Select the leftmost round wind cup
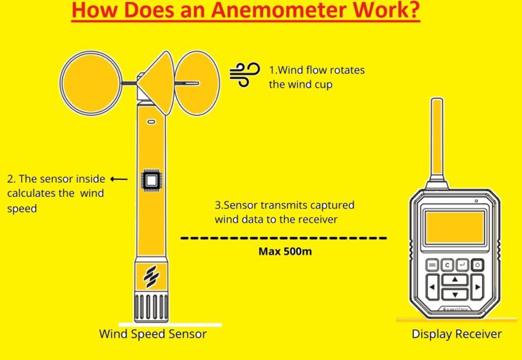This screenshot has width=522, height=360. [x=91, y=82]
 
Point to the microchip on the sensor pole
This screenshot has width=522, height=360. [x=151, y=181]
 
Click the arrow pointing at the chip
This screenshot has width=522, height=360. [x=118, y=179]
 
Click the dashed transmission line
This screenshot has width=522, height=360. [x=284, y=238]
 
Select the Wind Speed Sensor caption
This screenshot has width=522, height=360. [x=153, y=334]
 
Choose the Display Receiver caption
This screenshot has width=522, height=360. [x=457, y=334]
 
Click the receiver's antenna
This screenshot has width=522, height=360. [x=438, y=139]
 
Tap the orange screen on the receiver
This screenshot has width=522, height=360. [x=455, y=227]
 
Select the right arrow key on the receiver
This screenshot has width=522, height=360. [x=477, y=287]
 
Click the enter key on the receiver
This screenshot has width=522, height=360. [x=463, y=265]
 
